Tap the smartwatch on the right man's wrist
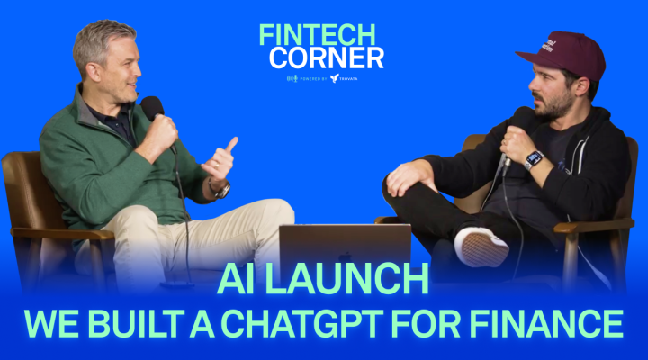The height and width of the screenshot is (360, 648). [533, 159]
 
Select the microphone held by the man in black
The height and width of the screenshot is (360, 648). [517, 126]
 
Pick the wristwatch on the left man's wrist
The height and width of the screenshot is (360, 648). [220, 189]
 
